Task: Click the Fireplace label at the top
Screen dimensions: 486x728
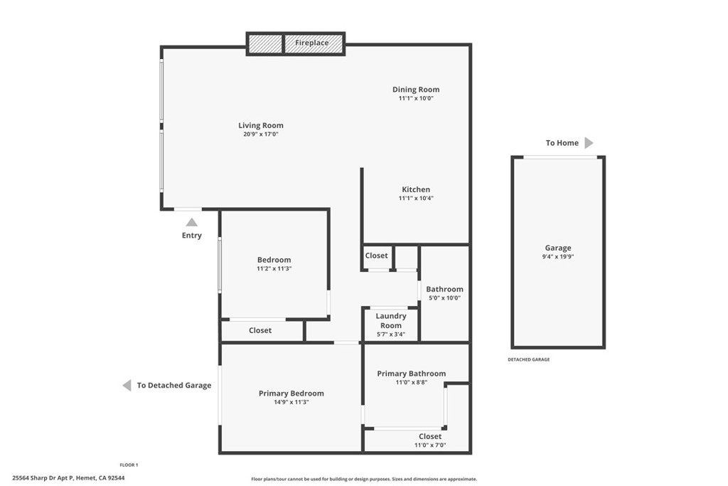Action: point(312,43)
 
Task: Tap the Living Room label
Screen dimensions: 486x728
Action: point(261,125)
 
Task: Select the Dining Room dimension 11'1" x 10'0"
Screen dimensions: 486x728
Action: point(416,99)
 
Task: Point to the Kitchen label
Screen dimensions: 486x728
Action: point(416,189)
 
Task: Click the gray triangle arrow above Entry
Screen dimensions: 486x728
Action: point(192,222)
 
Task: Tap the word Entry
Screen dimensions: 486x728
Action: point(192,236)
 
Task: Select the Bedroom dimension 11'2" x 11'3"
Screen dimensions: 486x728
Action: point(274,269)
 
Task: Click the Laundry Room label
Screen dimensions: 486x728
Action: point(391,320)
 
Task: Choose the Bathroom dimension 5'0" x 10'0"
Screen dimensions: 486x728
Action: point(444,298)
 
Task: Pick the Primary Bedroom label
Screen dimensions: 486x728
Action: point(291,393)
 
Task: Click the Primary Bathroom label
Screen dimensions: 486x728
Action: point(411,374)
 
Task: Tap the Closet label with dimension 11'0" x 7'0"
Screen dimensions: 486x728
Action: point(430,436)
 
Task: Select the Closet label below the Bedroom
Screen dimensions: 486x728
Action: point(260,330)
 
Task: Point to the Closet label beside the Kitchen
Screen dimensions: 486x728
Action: point(377,255)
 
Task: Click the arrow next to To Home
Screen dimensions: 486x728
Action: point(589,143)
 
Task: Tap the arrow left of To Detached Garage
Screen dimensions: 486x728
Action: point(127,386)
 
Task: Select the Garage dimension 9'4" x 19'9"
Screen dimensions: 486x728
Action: point(558,257)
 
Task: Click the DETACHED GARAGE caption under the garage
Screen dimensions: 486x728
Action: point(528,360)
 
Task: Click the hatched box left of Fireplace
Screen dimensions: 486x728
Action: point(265,43)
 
